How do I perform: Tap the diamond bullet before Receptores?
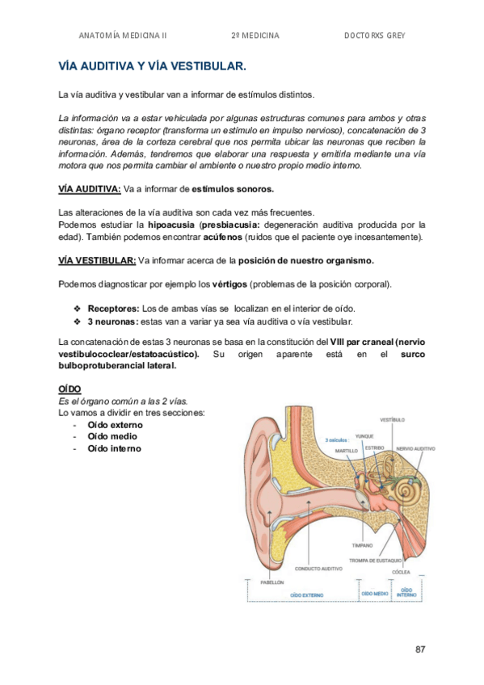(78, 308)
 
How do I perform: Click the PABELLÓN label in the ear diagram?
(272, 582)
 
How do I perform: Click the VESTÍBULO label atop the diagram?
(392, 420)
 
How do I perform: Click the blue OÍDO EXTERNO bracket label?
(305, 595)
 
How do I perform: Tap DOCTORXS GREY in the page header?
(374, 36)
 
